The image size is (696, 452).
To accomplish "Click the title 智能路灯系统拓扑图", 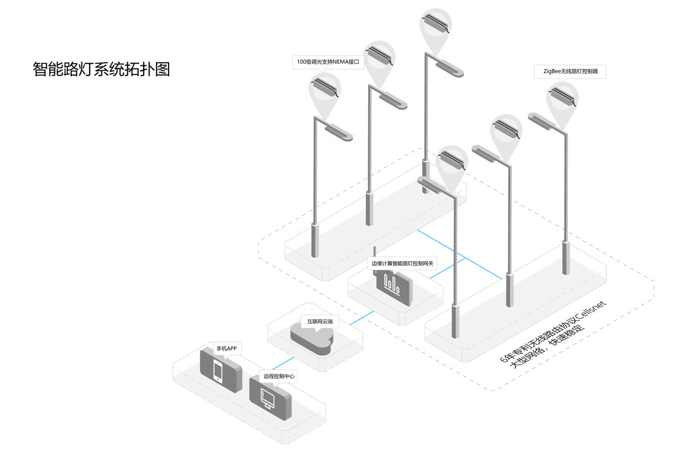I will [x=101, y=69].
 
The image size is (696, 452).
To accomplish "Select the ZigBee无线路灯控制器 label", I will [x=570, y=71].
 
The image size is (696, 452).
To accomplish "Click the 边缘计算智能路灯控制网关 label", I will [x=402, y=263].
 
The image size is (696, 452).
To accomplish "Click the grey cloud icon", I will [x=312, y=339].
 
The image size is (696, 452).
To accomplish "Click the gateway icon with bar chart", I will [x=393, y=284].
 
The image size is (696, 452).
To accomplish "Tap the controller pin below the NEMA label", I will [x=325, y=88].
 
